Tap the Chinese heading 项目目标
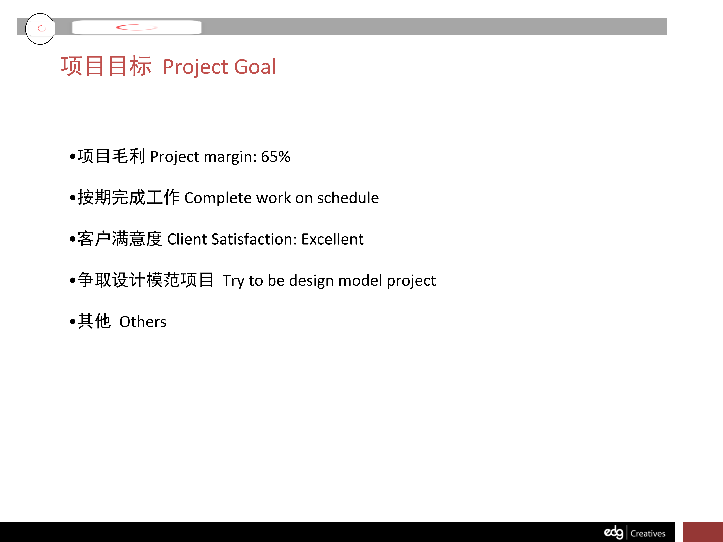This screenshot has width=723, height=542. (x=106, y=66)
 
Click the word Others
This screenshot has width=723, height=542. (x=143, y=322)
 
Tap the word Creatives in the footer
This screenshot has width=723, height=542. (x=648, y=534)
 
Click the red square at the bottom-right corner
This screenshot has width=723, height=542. (x=703, y=532)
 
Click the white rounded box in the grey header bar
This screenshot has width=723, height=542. (x=137, y=27)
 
